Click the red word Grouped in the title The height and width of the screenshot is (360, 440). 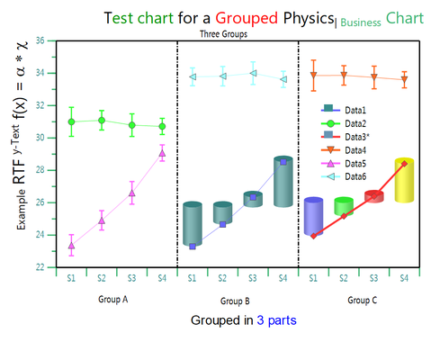(x=247, y=19)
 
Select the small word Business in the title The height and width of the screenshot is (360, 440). (x=361, y=22)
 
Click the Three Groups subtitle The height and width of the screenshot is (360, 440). (x=224, y=34)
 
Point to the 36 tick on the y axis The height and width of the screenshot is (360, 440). (x=40, y=40)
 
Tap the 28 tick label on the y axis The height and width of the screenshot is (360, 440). (x=40, y=170)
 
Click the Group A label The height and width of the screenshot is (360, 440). (x=113, y=300)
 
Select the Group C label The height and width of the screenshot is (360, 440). (x=363, y=300)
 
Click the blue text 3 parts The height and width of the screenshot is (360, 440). (x=276, y=320)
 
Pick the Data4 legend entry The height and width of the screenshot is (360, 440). (x=344, y=150)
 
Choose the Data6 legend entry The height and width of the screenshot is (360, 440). (x=344, y=176)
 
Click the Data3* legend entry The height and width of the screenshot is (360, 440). (x=346, y=137)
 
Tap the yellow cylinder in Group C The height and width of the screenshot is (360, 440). (x=404, y=180)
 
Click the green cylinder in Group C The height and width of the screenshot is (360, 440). (x=344, y=206)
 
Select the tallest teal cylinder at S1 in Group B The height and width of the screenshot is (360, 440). (x=193, y=224)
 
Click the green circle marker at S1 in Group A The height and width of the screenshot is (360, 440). (x=71, y=121)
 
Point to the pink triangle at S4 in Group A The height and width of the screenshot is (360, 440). (x=162, y=154)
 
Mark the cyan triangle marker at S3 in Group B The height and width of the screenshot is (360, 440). (x=253, y=73)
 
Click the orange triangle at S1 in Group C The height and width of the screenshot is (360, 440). (x=313, y=76)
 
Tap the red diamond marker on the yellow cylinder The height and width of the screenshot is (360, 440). (x=404, y=164)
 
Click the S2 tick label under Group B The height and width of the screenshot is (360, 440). (x=222, y=278)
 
